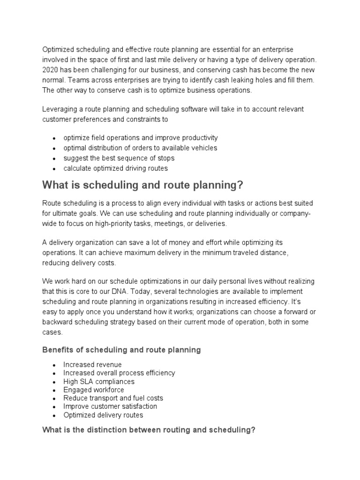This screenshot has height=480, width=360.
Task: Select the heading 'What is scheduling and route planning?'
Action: tap(143, 185)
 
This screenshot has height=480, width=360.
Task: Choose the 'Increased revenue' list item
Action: tap(92, 365)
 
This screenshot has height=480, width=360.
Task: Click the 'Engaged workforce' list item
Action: tap(94, 390)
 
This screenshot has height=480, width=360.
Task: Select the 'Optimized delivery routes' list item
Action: tap(103, 415)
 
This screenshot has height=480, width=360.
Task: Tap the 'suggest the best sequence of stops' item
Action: tap(119, 158)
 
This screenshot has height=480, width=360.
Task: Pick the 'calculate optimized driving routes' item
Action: tap(115, 168)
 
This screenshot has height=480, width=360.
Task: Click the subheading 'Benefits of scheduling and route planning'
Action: tap(121, 350)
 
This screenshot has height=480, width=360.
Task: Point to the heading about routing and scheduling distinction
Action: tap(149, 429)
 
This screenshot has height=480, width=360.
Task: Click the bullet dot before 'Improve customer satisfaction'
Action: tap(54, 407)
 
